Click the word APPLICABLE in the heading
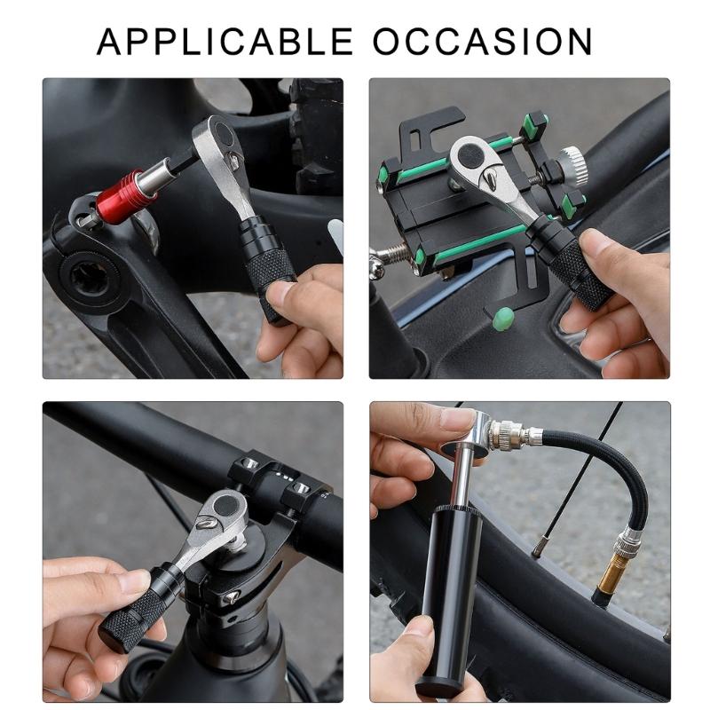(x=224, y=41)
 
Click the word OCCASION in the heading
(x=483, y=41)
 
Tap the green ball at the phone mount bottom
(x=502, y=314)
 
